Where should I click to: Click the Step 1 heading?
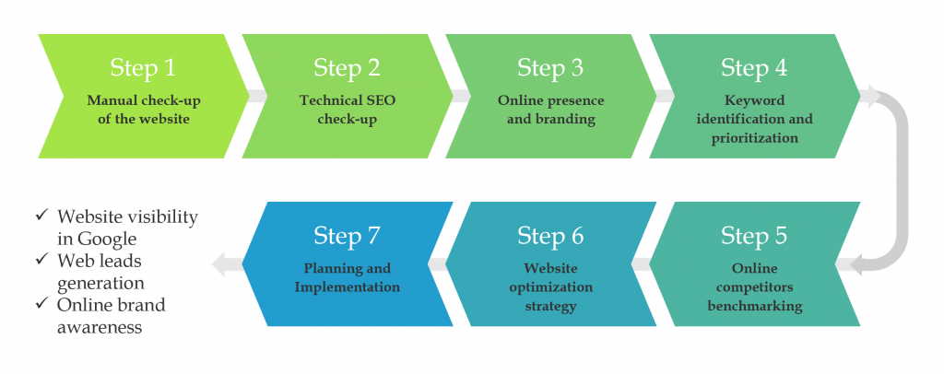[x=143, y=68]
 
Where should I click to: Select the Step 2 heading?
[x=347, y=68]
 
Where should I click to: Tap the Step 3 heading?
[x=550, y=68]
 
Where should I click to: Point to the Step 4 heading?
[x=754, y=68]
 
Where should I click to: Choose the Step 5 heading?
[x=754, y=236]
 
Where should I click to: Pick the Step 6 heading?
[x=550, y=236]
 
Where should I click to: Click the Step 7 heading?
[x=347, y=236]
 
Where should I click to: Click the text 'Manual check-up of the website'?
[x=143, y=110]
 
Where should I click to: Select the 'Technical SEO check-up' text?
[x=348, y=110]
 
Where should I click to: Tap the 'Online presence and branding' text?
[x=551, y=110]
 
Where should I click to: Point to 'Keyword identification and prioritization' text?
[x=754, y=119]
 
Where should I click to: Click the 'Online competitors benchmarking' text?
[x=754, y=286]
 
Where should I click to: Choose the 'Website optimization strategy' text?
[x=551, y=286]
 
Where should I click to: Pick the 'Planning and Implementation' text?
[x=347, y=277]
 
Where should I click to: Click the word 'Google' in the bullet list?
[x=106, y=239]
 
